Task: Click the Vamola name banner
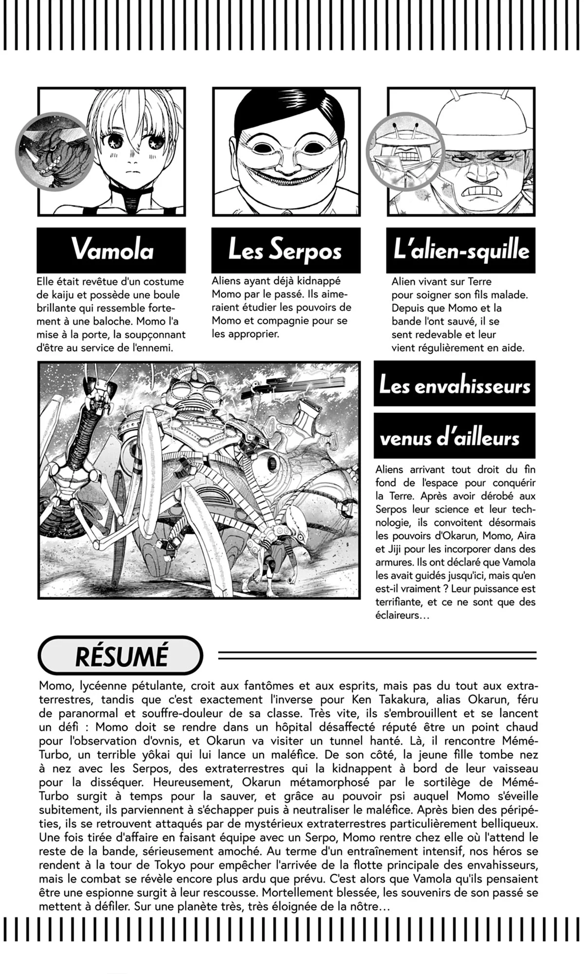(111, 250)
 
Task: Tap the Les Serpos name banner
(286, 250)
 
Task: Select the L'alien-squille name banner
(460, 250)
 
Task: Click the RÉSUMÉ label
(121, 655)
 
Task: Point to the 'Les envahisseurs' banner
(454, 385)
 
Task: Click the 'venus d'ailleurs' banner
(454, 437)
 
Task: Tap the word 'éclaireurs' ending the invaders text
(397, 615)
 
